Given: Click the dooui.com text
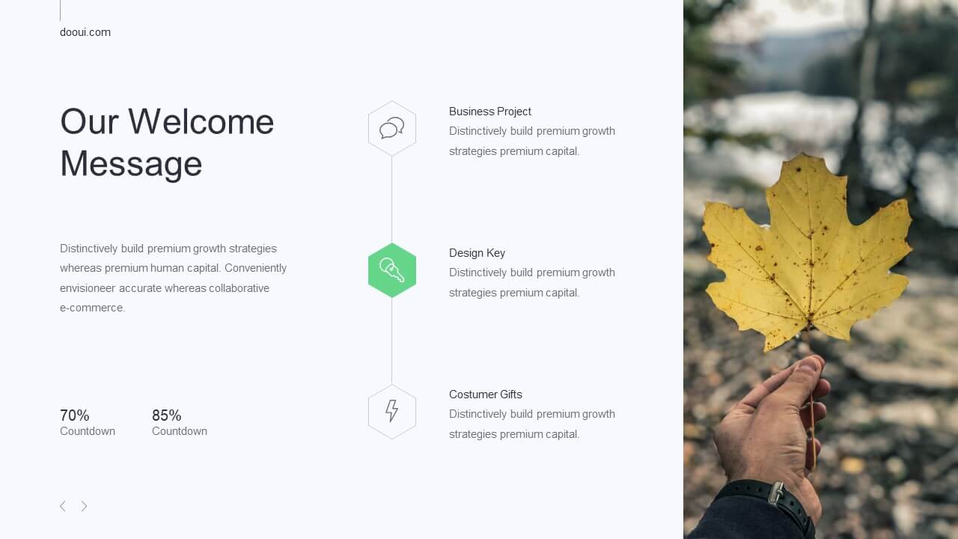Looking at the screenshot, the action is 85,32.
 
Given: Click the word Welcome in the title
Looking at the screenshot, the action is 201,121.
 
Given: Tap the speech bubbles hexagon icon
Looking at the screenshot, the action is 391,128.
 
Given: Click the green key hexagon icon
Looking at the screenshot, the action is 391,270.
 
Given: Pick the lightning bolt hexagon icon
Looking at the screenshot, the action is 391,412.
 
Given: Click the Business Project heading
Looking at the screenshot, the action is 490,112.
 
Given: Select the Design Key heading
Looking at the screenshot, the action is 477,253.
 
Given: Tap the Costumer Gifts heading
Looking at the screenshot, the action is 486,395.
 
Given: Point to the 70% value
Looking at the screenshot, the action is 74,415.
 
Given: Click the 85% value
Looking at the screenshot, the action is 166,415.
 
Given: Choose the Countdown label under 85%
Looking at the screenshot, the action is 180,431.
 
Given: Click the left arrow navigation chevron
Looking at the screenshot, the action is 62,506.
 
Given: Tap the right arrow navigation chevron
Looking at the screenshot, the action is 85,506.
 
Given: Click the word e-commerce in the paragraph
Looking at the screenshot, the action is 92,308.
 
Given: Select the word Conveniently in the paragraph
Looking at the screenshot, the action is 255,268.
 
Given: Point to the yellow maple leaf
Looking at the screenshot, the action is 807,252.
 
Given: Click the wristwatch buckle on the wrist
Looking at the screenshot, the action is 776,493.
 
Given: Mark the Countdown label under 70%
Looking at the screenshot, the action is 88,431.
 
